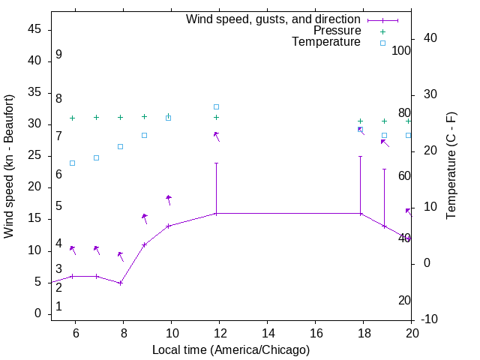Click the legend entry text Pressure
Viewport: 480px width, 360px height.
coord(337,31)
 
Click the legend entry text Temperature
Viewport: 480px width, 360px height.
coord(326,42)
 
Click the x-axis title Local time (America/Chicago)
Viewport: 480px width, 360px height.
coord(230,349)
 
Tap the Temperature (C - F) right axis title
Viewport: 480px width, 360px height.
coord(451,166)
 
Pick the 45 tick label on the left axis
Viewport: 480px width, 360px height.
coord(34,29)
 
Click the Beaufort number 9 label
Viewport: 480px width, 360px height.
coord(58,55)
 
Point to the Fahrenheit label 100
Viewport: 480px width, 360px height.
coord(401,50)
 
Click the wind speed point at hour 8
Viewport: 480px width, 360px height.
coord(120,283)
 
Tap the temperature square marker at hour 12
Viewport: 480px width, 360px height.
coord(216,106)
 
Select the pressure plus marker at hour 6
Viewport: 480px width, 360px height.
coord(72,118)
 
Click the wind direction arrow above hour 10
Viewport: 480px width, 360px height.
coord(169,199)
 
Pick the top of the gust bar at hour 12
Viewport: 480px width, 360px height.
coord(216,163)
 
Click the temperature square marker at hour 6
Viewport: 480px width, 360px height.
coord(72,163)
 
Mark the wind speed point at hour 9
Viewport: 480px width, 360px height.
coord(144,244)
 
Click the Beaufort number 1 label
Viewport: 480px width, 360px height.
coord(58,307)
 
